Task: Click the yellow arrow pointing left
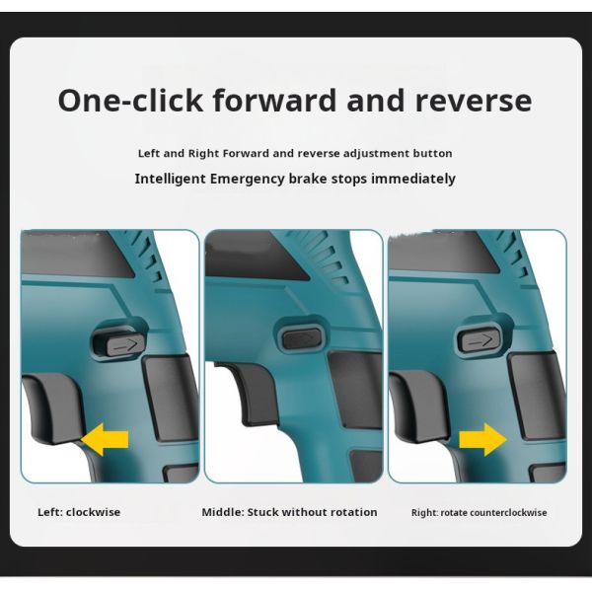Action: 105,439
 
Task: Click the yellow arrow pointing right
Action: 482,439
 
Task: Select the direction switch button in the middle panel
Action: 302,338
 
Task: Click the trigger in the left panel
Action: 52,407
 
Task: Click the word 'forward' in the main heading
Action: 274,100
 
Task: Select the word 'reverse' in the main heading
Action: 474,102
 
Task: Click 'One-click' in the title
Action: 130,100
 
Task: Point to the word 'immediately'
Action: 413,179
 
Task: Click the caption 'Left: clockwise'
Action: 79,512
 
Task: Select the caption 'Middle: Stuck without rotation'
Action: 289,512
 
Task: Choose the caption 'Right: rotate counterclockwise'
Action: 480,513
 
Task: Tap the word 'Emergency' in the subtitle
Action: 248,179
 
